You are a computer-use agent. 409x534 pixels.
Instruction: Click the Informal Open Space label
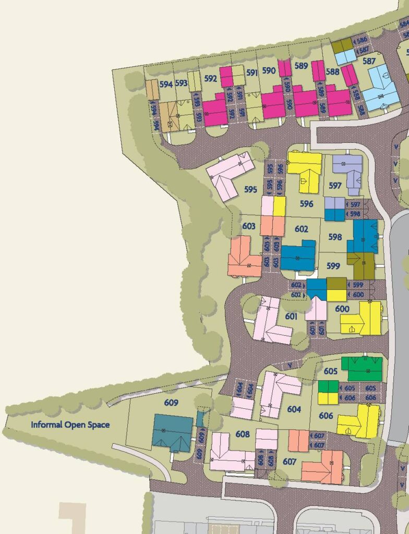tap(70, 424)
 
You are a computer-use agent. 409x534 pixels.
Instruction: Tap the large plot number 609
tap(171, 403)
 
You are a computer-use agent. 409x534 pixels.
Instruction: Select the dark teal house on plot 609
tap(172, 433)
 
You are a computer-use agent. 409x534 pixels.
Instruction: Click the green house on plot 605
tap(362, 368)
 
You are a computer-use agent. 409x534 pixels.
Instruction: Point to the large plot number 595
tap(250, 189)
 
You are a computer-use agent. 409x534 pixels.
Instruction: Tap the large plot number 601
tap(291, 316)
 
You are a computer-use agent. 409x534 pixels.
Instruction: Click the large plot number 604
tap(294, 409)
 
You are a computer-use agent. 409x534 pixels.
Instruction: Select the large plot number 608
tap(243, 434)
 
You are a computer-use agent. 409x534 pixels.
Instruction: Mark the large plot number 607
tap(290, 462)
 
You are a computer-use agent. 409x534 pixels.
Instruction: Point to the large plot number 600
tap(342, 309)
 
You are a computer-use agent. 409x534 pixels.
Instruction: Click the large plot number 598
tap(335, 237)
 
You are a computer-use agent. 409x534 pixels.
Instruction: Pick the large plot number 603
tap(249, 226)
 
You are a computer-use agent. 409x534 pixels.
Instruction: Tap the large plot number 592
tap(211, 79)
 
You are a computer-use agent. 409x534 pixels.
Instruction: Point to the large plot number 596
tap(307, 204)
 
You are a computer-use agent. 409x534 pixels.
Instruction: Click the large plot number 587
tap(369, 61)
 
